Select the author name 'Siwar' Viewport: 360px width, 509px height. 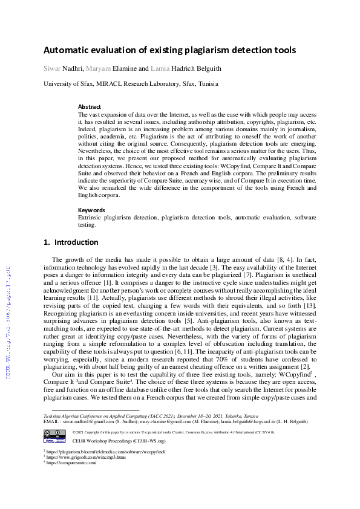click(x=53, y=68)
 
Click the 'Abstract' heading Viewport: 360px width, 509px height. click(x=90, y=106)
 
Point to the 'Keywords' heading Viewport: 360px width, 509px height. click(x=91, y=210)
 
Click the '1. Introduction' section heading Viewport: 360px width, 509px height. click(x=71, y=242)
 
